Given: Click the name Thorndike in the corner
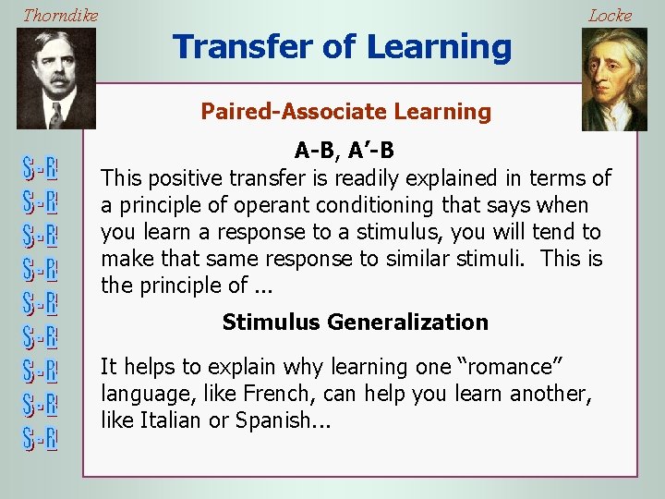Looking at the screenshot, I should pos(60,16).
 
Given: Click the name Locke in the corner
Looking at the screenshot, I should pos(610,16).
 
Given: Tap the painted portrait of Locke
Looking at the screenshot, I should pos(613,78).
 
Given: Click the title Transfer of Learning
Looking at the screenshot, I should pos(342,46).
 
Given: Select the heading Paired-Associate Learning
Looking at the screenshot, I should pos(345,112).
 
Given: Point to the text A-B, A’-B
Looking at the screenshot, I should pos(345,150).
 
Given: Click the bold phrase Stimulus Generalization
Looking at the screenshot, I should pos(355,323).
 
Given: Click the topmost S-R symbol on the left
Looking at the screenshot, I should pos(40,170).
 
